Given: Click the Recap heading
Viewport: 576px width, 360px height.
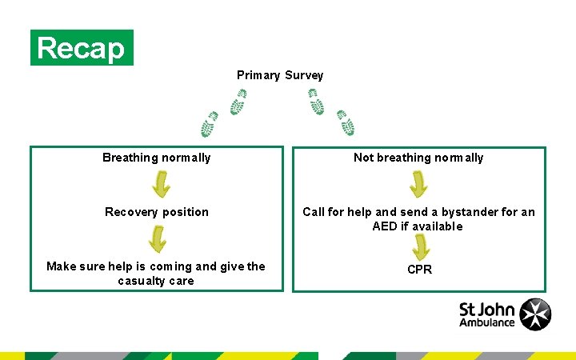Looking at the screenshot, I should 82,48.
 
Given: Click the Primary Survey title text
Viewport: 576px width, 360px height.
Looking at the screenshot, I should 280,75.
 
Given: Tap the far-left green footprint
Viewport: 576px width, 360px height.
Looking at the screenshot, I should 210,124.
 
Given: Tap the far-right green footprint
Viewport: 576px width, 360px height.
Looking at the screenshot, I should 346,122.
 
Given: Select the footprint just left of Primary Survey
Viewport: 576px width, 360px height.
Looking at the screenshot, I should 238,102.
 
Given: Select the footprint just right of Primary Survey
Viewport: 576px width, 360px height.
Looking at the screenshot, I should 317,102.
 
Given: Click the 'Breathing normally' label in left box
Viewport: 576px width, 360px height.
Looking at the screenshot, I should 157,158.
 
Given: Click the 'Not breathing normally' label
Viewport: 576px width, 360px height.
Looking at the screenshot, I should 418,158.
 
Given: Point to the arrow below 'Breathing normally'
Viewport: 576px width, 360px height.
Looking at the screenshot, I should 161,185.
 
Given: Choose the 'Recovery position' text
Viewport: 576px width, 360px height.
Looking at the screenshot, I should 157,212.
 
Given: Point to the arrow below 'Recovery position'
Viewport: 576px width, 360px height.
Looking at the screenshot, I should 158,238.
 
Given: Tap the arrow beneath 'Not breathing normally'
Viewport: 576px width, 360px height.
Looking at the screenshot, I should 418,185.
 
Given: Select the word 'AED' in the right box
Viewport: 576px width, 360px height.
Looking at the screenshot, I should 385,226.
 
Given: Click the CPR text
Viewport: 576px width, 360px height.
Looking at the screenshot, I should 419,270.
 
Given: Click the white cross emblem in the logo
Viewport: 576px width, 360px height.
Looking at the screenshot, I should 535,314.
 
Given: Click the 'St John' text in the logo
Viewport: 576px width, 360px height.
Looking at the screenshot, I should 487,308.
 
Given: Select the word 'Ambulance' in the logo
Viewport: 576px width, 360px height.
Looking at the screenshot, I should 487,322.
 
